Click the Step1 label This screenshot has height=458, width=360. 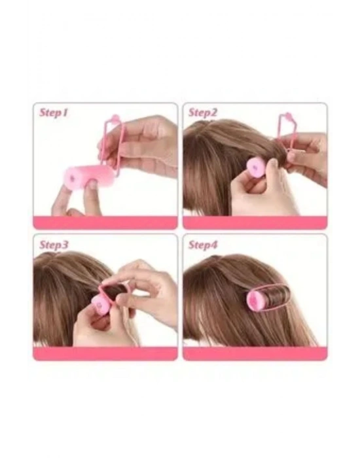(x=54, y=113)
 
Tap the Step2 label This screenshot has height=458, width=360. (x=203, y=113)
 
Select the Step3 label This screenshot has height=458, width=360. (x=54, y=245)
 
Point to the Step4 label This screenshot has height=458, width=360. (x=203, y=245)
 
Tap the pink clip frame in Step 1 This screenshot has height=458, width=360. (x=115, y=145)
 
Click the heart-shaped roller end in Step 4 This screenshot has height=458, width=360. (x=255, y=299)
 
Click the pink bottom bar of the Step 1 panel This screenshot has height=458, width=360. (x=105, y=222)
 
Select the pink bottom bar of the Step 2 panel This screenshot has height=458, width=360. (x=255, y=222)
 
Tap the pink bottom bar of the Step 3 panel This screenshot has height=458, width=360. (x=105, y=353)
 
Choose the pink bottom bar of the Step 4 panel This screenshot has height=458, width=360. (x=255, y=353)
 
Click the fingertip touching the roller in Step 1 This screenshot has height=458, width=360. (x=92, y=185)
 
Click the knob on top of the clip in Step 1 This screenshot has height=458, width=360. (x=115, y=118)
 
